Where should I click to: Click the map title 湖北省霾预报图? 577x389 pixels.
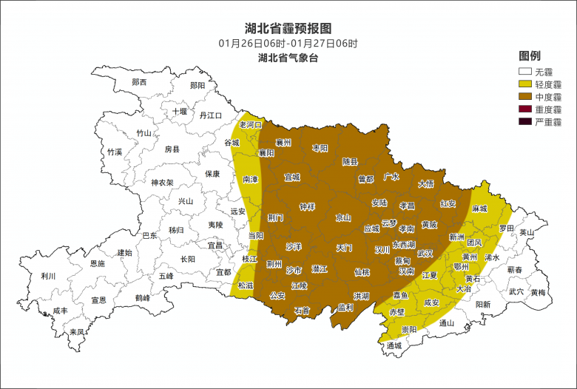coord(288,28)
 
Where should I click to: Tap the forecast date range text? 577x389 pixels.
coord(288,43)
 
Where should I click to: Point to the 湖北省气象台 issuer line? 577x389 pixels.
coord(288,58)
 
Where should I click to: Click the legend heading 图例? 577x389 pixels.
coord(530,56)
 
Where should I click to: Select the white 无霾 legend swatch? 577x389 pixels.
coord(525,72)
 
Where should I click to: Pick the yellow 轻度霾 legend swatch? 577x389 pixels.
coord(525,84)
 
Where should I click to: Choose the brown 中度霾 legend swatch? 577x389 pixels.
coord(525,97)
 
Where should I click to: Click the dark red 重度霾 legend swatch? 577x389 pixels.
coord(525,109)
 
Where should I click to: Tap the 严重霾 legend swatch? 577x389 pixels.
coord(525,121)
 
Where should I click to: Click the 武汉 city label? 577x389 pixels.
coord(425,253)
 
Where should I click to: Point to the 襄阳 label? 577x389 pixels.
coord(266,152)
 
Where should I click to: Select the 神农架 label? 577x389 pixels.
coord(162,183)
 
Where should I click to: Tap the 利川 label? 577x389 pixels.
coord(49,276)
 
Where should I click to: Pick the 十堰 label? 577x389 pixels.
coord(180,112)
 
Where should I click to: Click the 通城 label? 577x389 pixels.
coord(394,345)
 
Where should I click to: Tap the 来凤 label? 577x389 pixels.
coord(76,331)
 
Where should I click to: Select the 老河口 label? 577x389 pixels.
coord(251,125)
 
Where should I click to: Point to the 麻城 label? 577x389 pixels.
coord(480,209)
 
